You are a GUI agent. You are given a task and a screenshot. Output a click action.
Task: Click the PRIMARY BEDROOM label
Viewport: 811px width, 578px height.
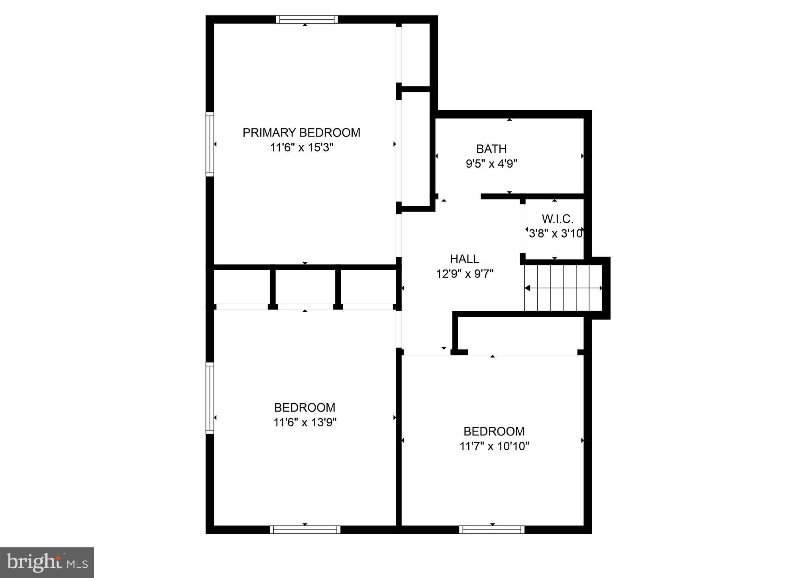(301, 133)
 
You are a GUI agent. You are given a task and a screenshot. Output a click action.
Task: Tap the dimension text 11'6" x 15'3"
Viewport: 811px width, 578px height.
(301, 148)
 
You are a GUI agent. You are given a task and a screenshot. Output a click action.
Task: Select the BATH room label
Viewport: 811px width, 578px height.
(491, 149)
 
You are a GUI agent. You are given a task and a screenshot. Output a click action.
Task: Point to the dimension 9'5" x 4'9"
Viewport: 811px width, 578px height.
(491, 164)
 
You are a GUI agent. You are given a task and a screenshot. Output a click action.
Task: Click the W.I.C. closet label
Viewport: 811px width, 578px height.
(558, 219)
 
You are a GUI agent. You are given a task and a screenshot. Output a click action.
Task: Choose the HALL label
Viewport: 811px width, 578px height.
(464, 259)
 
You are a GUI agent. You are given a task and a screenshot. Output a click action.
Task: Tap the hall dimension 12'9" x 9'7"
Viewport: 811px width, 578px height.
(465, 274)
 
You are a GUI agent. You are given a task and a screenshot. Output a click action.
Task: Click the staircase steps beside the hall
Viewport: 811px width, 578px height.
(563, 288)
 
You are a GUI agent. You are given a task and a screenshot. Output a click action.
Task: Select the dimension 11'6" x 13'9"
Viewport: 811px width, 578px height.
(305, 422)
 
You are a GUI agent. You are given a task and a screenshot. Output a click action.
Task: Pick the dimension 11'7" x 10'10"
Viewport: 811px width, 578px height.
(494, 446)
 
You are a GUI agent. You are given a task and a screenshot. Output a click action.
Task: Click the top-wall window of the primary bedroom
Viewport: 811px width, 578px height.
(307, 20)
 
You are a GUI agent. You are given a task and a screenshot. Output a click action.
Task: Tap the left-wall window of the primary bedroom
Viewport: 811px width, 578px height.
(210, 144)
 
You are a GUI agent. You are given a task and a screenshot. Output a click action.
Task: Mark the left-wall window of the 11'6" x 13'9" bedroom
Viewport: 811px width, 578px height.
(210, 398)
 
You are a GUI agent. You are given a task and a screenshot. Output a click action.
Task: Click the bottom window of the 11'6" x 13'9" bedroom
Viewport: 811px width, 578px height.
(305, 529)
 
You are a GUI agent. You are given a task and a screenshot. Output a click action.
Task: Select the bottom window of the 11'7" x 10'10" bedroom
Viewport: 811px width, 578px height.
(492, 529)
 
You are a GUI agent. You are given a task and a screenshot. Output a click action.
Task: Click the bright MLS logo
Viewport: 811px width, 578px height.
(47, 562)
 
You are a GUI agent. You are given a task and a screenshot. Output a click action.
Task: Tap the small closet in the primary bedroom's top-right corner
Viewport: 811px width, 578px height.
(415, 54)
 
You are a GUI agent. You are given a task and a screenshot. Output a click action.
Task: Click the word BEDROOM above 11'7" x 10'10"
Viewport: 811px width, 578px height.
(494, 432)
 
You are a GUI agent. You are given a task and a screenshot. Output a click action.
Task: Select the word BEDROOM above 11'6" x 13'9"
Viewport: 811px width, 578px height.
(305, 408)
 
